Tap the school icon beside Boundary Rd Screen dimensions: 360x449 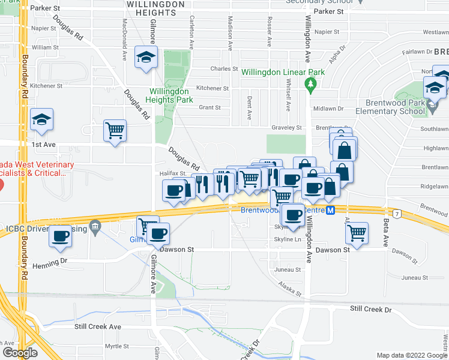pos(42,119)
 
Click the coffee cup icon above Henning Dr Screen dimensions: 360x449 pos(60,236)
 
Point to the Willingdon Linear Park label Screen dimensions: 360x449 pos(283,72)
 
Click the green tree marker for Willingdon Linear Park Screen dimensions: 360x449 pos(310,84)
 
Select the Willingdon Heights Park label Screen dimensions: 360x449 pos(171,95)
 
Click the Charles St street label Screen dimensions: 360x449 pos(224,69)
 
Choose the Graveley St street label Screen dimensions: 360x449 pos(289,128)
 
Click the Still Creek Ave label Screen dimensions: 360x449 pos(98,326)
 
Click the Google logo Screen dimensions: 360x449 pos(20,352)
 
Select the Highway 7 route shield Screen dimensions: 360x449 pos(397,213)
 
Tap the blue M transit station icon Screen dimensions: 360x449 pos(330,210)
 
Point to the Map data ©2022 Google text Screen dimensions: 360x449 pos(411,355)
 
